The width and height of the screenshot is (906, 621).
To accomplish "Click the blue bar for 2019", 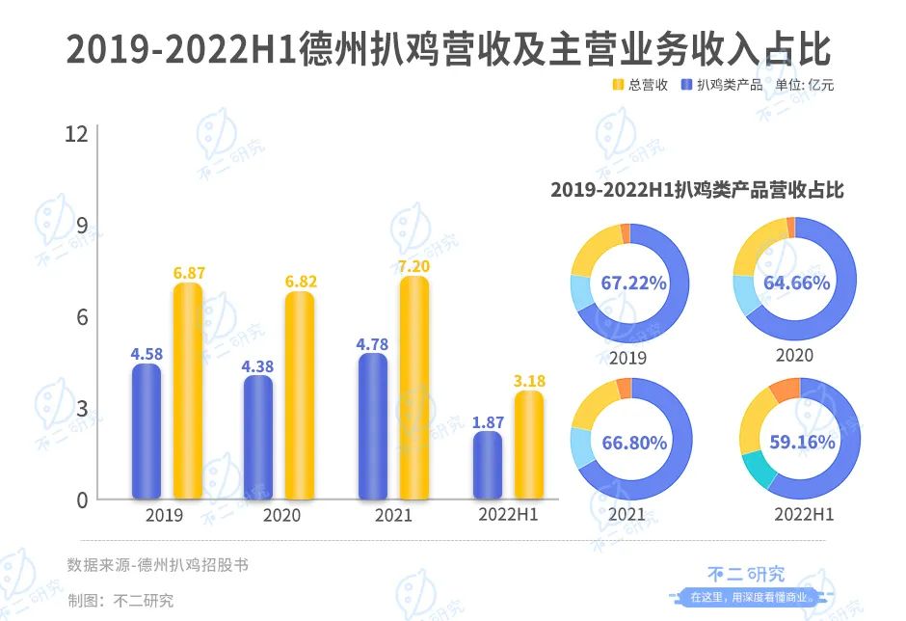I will point(147,431).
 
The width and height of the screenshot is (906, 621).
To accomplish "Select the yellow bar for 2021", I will point(414,388).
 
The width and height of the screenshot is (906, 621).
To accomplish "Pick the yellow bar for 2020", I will point(300,395).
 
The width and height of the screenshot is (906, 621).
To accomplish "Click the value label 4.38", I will point(257,364).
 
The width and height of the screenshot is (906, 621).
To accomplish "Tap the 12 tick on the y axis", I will point(77,134).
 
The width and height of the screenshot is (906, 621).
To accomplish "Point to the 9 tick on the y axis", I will point(82,226).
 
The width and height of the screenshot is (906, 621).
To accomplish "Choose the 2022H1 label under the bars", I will point(508,515).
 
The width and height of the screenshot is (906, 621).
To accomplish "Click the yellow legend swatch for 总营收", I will point(618,85).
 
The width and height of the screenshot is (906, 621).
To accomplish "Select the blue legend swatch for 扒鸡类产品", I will point(686,85).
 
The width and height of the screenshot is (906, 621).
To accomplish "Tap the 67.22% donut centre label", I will point(633,283).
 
